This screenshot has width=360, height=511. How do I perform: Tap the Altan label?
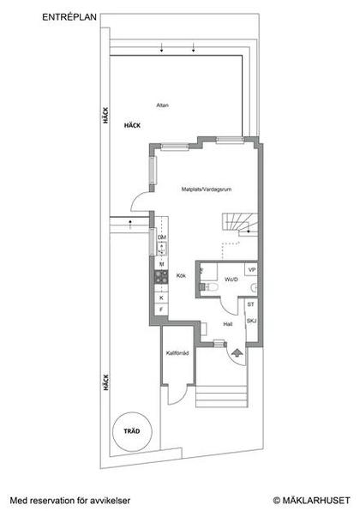pos(162,105)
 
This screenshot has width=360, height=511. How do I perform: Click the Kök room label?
pos(181,275)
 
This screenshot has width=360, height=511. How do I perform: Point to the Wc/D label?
pos(231,280)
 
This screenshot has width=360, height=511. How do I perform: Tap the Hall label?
pos(228,324)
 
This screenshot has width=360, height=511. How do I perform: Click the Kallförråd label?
pos(177,352)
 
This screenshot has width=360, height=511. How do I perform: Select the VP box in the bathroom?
pos(251,269)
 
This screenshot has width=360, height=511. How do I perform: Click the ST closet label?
pos(250,304)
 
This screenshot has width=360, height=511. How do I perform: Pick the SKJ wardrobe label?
pos(250,321)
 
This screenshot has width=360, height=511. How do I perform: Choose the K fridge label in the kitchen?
pos(161,297)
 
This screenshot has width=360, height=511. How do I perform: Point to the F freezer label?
pos(161,310)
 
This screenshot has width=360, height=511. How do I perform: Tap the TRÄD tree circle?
pos(131,431)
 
